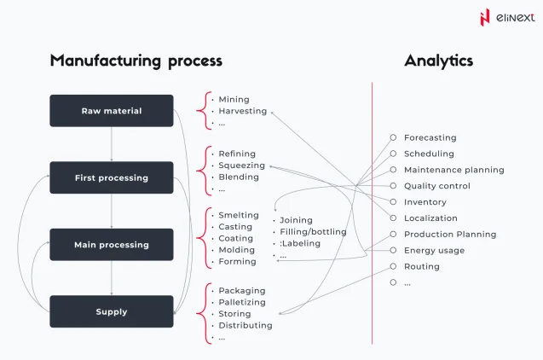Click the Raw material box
[x=112, y=111]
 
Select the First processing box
[x=112, y=177]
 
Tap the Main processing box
[x=112, y=244]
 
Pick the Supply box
[x=112, y=311]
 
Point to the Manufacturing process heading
[x=136, y=61]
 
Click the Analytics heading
[x=438, y=61]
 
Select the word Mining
[x=234, y=100]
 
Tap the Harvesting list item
[x=242, y=111]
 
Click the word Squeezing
[x=241, y=165]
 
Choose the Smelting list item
[x=238, y=216]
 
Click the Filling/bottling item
[x=313, y=231]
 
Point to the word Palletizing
[x=241, y=302]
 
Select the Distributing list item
[x=245, y=325]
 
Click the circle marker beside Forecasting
[x=393, y=137]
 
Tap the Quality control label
[x=436, y=186]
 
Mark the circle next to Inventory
[x=393, y=202]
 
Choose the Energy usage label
[x=434, y=250]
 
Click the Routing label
[x=421, y=266]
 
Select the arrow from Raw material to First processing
[x=112, y=144]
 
